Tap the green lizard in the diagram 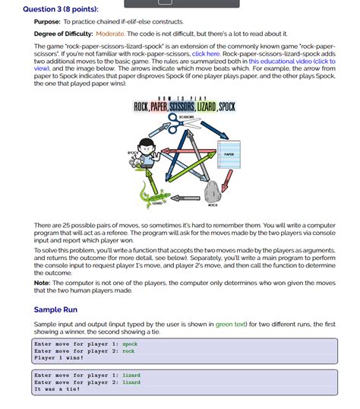point(155,197)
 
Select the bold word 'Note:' point(43,282)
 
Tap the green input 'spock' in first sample point(130,344)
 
